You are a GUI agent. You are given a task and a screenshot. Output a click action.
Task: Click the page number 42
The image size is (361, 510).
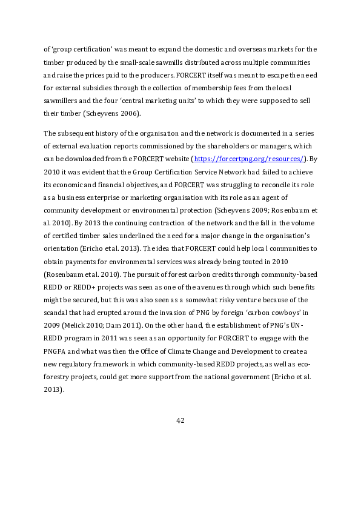180,421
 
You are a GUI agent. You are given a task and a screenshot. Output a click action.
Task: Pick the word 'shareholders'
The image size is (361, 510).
228,146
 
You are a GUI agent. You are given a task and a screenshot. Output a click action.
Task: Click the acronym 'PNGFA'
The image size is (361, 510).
56,351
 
